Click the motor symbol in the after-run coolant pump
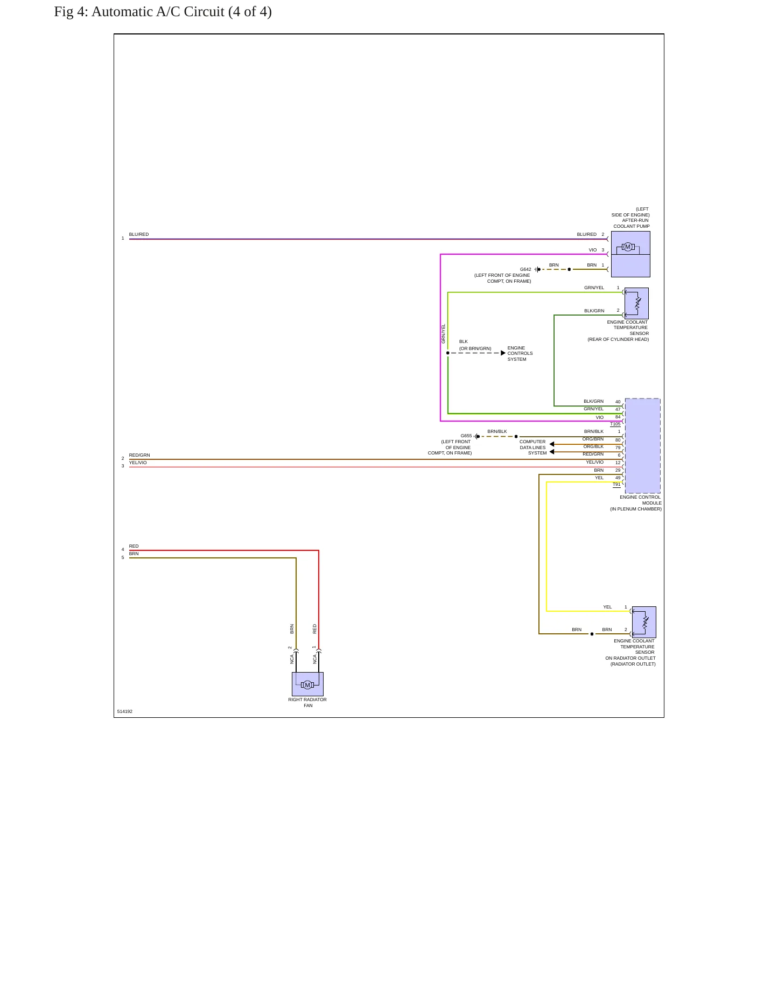pos(627,247)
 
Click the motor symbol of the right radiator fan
pos(307,685)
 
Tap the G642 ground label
pos(525,269)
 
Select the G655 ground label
pos(466,436)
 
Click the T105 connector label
pos(615,424)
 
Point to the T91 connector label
pos(616,485)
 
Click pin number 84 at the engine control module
pos(618,417)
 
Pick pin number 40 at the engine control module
pos(618,402)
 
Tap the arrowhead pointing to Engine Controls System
pos(503,353)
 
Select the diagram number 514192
pos(125,711)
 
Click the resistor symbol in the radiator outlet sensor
pos(646,623)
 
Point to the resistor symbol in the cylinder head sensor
pos(638,304)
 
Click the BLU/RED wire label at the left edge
pos(139,234)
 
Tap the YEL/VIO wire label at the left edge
pos(138,463)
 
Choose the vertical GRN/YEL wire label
pos(444,334)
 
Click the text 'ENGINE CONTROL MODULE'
pos(640,500)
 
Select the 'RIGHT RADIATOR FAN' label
pos(307,702)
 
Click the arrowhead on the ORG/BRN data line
pos(552,444)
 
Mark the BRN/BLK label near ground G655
pos(497,431)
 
